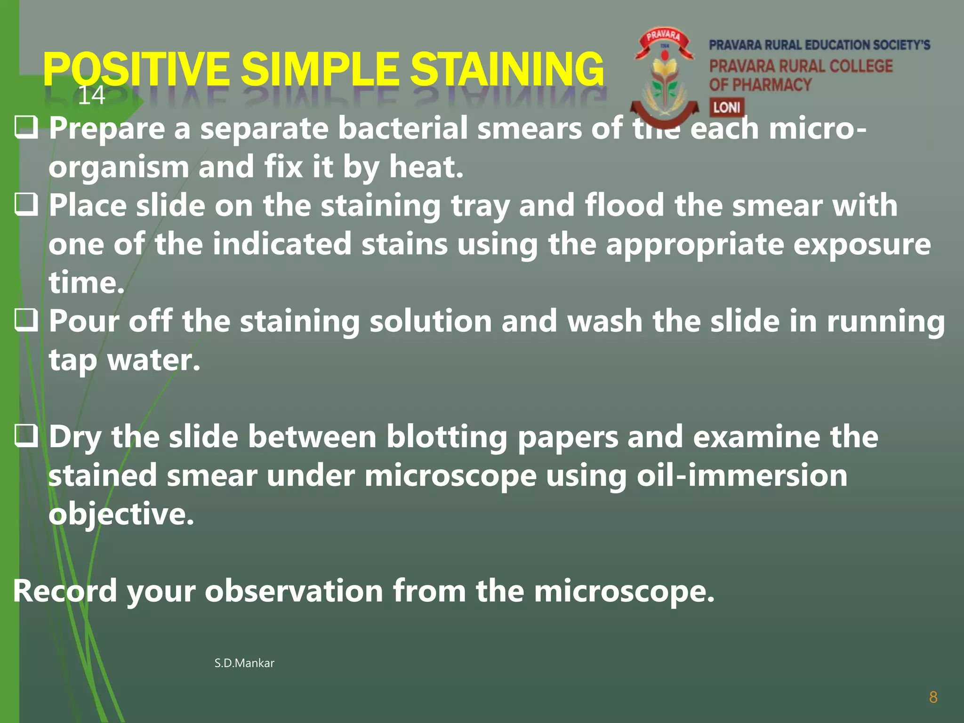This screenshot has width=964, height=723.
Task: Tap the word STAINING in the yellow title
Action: click(x=506, y=70)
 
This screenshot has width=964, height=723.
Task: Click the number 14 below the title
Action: click(x=91, y=96)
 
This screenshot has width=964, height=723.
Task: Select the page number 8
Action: click(x=933, y=697)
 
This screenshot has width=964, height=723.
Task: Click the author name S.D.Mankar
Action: click(x=244, y=663)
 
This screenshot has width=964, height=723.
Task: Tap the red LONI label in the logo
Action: click(x=726, y=107)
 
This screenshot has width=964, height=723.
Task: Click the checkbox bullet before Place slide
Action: click(x=26, y=205)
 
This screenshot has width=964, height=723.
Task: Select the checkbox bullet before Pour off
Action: click(x=26, y=320)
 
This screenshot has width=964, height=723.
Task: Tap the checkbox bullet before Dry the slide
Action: click(x=26, y=435)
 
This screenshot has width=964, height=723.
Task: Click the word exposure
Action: click(x=862, y=245)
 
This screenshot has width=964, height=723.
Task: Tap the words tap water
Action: click(x=125, y=361)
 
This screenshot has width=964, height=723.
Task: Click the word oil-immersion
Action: click(x=742, y=475)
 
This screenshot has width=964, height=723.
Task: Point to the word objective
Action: click(x=121, y=514)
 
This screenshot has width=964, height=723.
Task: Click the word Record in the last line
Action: click(x=65, y=591)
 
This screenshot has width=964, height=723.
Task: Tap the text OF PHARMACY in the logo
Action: click(x=760, y=85)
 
